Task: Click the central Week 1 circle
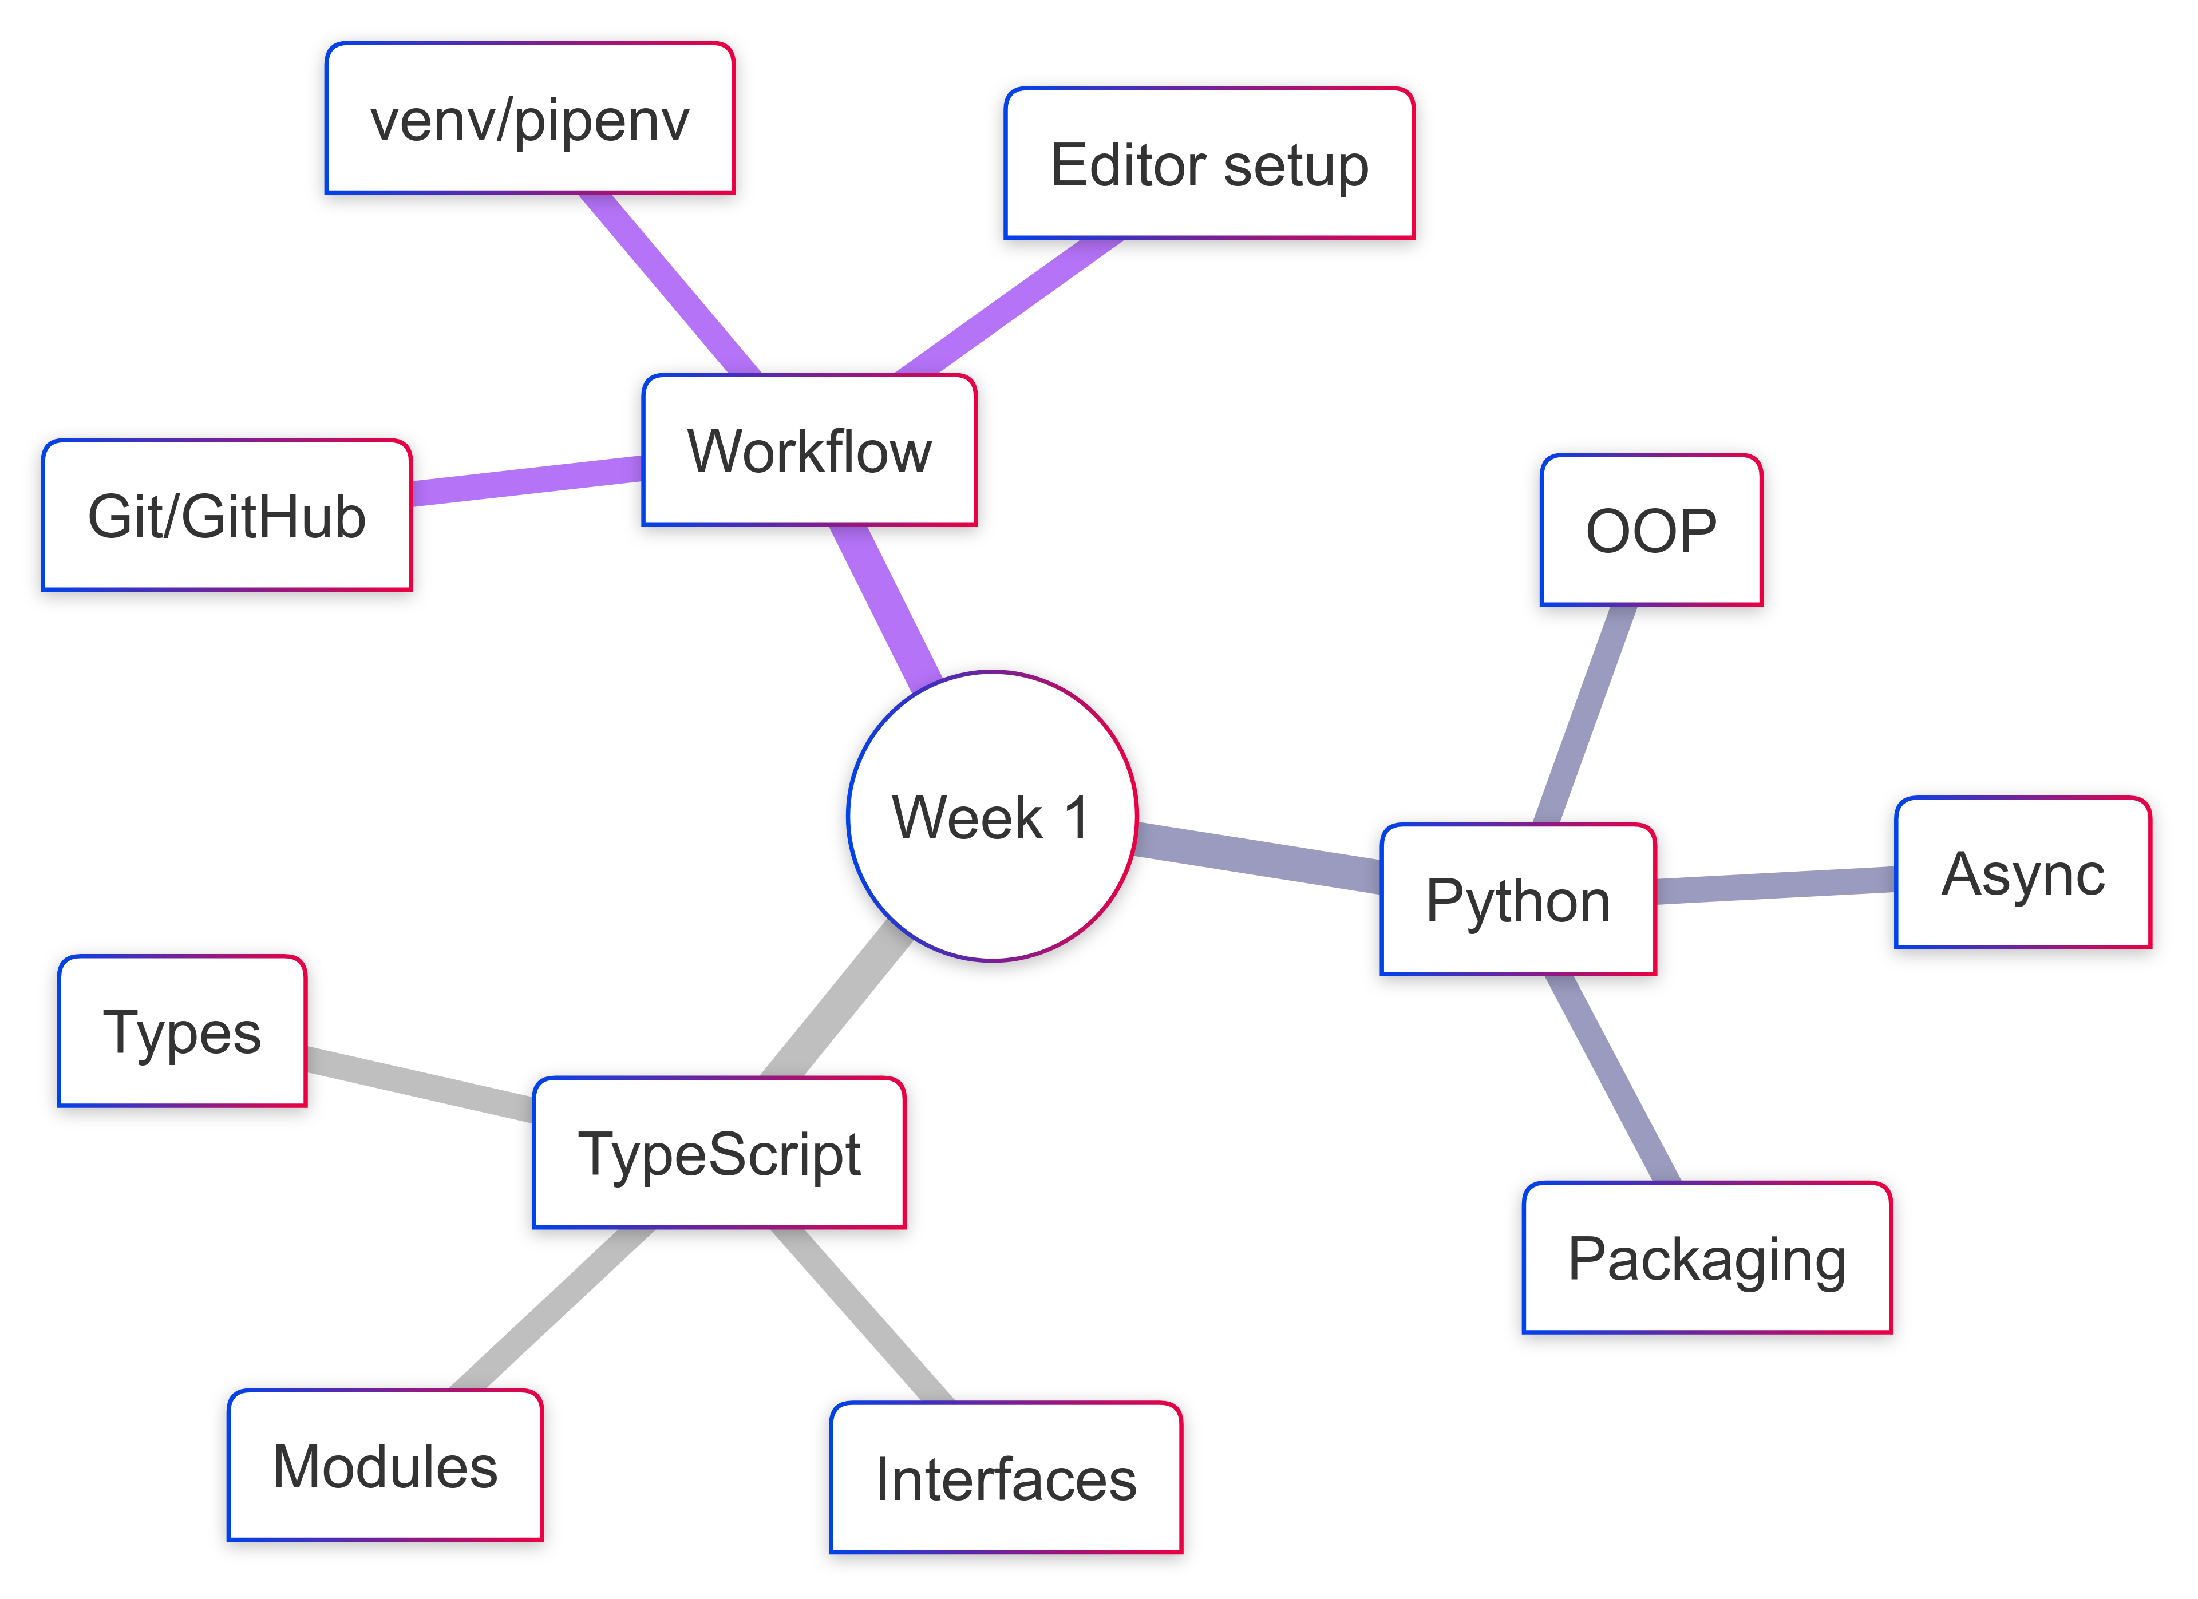click(x=991, y=816)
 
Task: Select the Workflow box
click(x=809, y=450)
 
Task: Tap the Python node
click(x=1517, y=899)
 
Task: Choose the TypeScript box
click(x=719, y=1153)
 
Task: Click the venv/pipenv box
click(x=530, y=118)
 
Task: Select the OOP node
click(x=1650, y=530)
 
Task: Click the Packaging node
click(x=1707, y=1258)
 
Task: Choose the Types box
click(x=182, y=1031)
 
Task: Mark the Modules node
click(x=385, y=1465)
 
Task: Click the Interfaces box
click(x=1006, y=1478)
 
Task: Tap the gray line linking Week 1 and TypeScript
click(x=835, y=1001)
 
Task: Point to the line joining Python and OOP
click(x=1586, y=714)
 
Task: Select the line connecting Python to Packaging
click(x=1612, y=1079)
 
